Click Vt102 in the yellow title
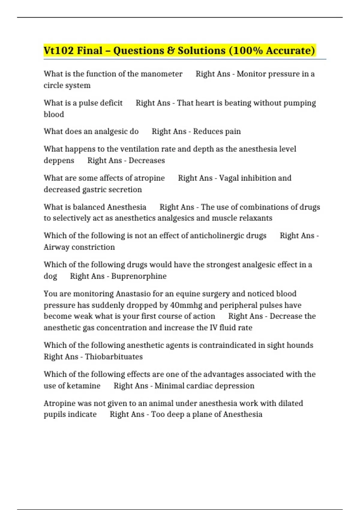click(x=58, y=50)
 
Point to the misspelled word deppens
click(x=59, y=160)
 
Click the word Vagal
click(x=229, y=178)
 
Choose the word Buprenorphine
click(x=139, y=276)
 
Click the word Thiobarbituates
click(x=114, y=357)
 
